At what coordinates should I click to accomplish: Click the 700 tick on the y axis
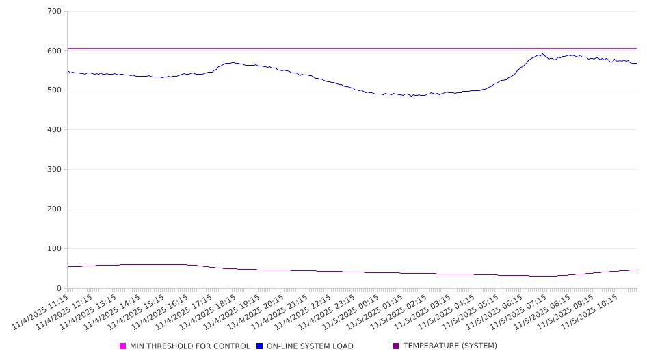(55, 11)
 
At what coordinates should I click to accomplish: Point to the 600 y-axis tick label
(55, 51)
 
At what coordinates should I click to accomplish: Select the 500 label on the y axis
(55, 90)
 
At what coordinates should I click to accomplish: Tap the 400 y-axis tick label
(55, 130)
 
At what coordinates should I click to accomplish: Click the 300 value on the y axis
(55, 170)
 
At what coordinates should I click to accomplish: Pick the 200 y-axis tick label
(55, 209)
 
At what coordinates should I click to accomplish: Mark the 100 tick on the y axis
(55, 249)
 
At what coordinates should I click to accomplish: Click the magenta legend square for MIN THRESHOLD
(123, 346)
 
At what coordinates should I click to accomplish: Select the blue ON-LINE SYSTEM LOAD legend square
(260, 346)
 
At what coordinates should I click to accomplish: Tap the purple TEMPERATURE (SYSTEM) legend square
(397, 346)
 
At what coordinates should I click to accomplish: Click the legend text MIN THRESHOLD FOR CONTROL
(189, 346)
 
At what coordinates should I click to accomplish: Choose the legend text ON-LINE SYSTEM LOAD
(310, 346)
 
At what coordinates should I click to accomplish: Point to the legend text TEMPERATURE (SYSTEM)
(450, 346)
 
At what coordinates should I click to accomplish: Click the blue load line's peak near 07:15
(543, 54)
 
